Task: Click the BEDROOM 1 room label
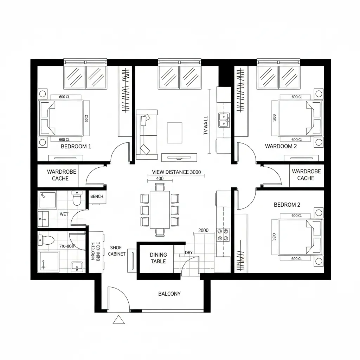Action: [76, 146]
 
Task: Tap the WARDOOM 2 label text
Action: [281, 146]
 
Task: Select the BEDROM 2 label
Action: [287, 205]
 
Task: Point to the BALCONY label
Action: [169, 294]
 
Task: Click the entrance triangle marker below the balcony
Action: [119, 320]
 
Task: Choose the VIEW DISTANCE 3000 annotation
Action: [176, 172]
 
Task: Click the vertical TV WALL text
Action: [206, 126]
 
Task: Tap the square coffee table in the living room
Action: [174, 133]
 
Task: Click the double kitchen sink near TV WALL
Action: [224, 120]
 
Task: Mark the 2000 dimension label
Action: [203, 231]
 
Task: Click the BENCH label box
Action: [97, 197]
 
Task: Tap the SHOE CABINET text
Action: [117, 251]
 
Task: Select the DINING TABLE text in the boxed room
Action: [158, 258]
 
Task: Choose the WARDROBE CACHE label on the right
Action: [306, 175]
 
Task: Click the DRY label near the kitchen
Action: [188, 252]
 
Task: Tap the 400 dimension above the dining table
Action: [160, 179]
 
